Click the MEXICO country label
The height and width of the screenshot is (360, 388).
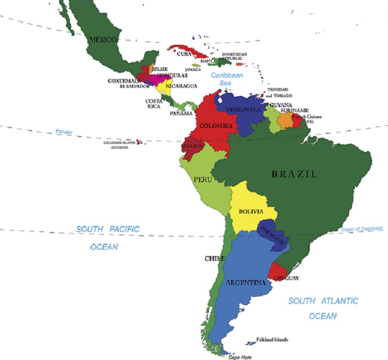103,39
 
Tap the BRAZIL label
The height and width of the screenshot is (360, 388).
294,174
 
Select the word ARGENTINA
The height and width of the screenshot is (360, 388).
245,282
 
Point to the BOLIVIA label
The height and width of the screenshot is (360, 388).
251,212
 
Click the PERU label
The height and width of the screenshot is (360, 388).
203,180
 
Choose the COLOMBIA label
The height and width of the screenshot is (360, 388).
216,126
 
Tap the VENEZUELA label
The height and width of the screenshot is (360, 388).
244,110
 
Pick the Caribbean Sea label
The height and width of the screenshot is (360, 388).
227,79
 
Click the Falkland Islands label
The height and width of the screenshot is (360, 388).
272,339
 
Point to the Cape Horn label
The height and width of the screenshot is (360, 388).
240,357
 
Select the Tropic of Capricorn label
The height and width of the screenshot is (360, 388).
362,229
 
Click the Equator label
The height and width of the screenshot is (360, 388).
64,132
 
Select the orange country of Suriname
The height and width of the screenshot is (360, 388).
285,121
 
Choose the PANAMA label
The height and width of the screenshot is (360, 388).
181,114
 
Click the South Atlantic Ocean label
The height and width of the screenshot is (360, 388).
323,308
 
